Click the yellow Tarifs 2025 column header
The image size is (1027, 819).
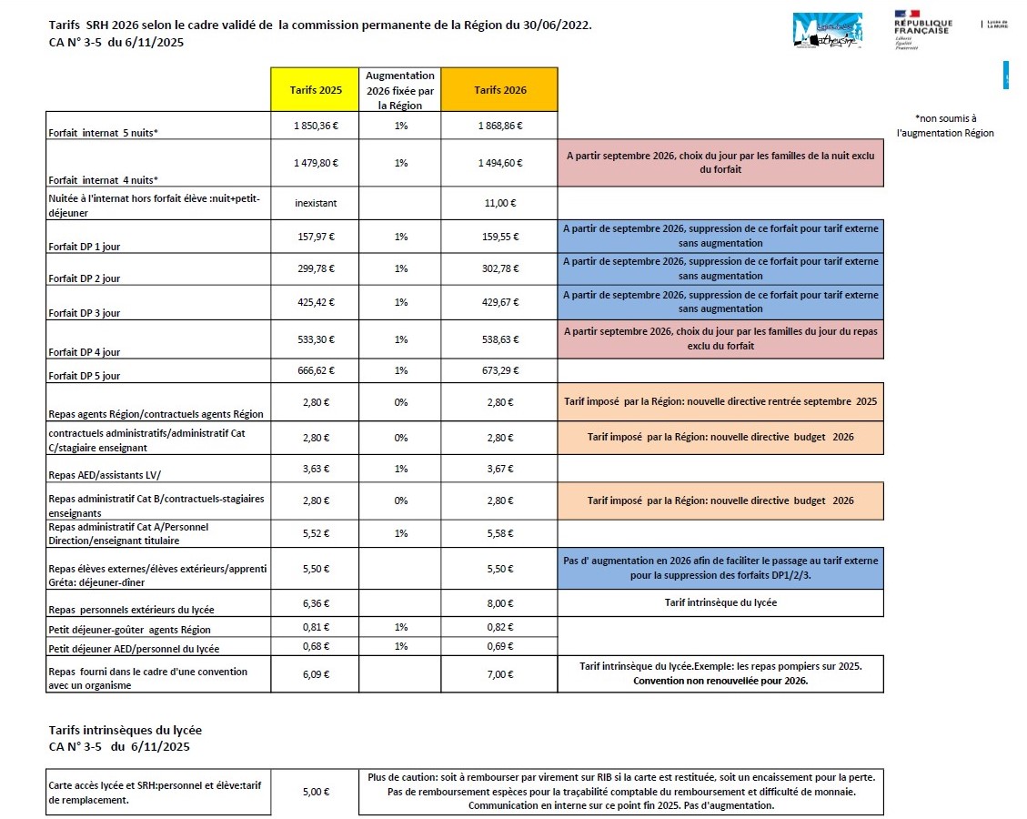[316, 89]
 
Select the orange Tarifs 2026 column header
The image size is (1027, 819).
[499, 89]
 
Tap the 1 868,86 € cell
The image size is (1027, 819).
[499, 126]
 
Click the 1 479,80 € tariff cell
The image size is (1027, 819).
[316, 163]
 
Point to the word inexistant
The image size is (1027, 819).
[316, 204]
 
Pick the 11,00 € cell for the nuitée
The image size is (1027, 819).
[499, 204]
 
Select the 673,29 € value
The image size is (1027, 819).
[499, 371]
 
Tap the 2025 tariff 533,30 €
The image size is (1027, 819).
[316, 339]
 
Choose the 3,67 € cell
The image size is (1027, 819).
[499, 470]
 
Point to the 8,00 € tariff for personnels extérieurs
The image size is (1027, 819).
[499, 602]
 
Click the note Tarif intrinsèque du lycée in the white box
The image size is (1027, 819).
[720, 602]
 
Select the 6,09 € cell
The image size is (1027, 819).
[316, 674]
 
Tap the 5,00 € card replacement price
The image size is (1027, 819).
[316, 792]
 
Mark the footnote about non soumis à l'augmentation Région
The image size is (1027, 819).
[945, 126]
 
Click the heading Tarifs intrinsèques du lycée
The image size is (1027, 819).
[125, 730]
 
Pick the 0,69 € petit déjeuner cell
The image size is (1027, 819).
[499, 647]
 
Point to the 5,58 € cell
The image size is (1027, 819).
[499, 532]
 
